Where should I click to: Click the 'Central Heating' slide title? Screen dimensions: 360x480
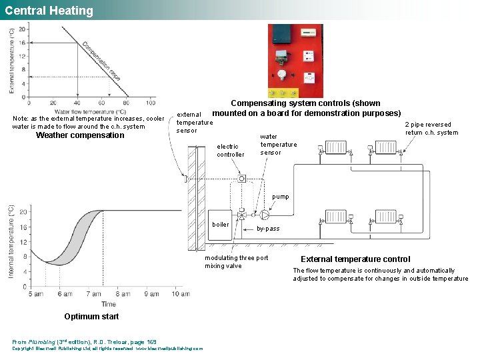(49, 11)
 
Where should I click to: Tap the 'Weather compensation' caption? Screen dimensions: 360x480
(80, 135)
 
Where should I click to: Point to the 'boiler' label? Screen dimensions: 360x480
(221, 225)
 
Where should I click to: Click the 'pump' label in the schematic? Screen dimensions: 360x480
(281, 197)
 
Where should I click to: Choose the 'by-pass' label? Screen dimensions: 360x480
(268, 229)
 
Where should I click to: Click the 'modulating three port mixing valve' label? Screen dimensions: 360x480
(237, 262)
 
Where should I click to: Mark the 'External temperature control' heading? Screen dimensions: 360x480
(355, 259)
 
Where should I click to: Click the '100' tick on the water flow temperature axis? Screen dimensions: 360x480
(150, 103)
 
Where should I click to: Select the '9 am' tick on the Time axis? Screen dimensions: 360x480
(101, 294)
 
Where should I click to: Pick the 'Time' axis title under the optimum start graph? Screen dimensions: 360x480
(108, 304)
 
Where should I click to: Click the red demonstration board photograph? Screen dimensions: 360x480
(295, 61)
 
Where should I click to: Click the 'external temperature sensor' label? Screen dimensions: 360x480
(194, 122)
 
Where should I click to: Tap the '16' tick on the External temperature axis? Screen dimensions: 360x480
(22, 42)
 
